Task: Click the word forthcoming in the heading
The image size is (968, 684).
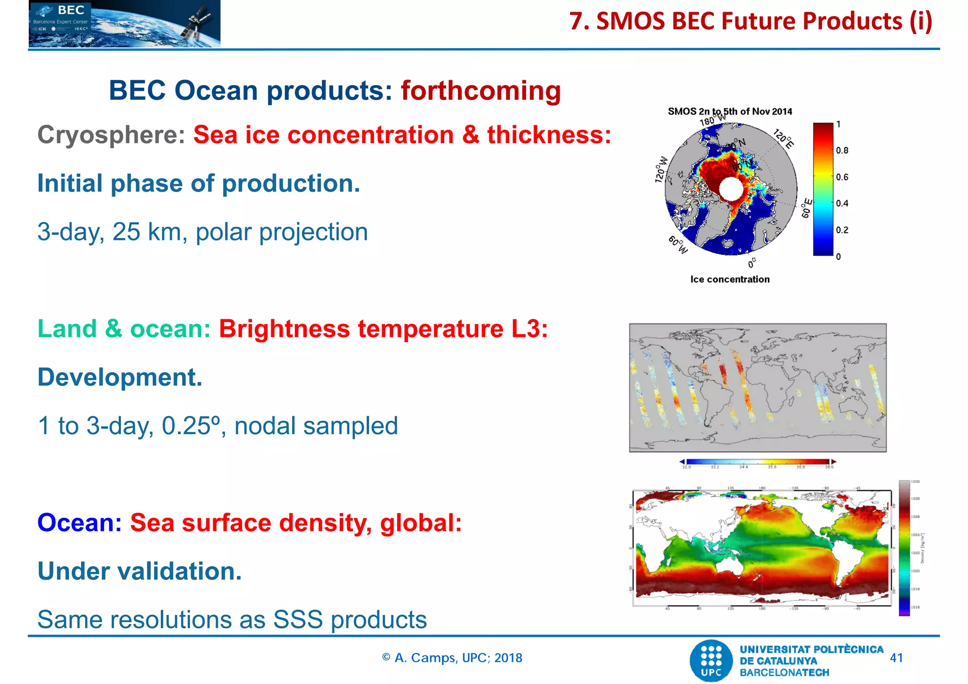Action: (481, 91)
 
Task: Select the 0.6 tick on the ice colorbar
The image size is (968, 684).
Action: (842, 177)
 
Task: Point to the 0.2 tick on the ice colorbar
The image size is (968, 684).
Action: (842, 230)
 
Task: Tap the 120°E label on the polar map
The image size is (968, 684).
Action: (783, 138)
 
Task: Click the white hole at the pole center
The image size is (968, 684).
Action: (731, 189)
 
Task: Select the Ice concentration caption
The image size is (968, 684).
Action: (730, 279)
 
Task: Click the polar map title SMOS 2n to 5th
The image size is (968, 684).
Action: (729, 111)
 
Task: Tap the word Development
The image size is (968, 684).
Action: (120, 377)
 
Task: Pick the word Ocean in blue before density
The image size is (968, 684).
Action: (79, 523)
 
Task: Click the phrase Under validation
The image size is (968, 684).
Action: (139, 571)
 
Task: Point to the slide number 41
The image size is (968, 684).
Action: (896, 658)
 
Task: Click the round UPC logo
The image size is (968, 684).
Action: (712, 660)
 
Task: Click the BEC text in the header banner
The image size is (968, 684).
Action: (71, 10)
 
